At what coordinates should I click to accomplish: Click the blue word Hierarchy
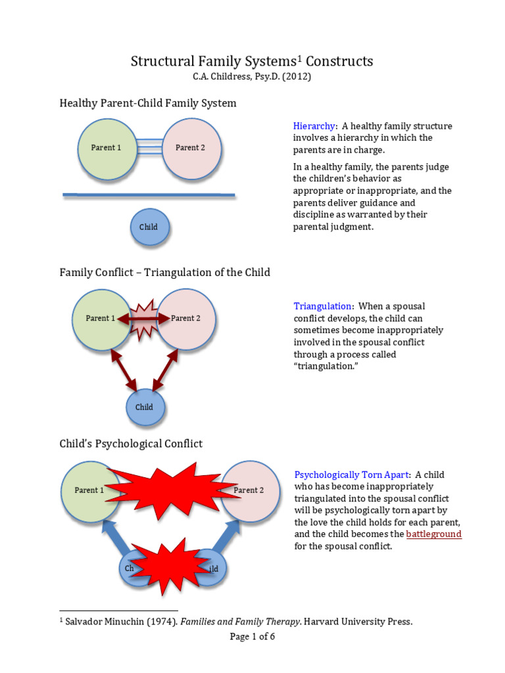pyautogui.click(x=314, y=126)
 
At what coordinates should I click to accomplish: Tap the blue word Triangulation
pyautogui.click(x=322, y=306)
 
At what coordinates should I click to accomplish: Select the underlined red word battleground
pyautogui.click(x=434, y=534)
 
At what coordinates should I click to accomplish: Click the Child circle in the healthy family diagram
pyautogui.click(x=150, y=227)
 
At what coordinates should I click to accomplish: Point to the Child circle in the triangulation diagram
pyautogui.click(x=145, y=407)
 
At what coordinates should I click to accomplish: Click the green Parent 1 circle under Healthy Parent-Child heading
pyautogui.click(x=107, y=149)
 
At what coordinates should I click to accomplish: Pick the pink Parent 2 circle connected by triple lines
pyautogui.click(x=191, y=149)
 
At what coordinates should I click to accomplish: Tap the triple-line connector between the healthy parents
pyautogui.click(x=149, y=147)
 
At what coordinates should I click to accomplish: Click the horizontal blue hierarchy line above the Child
pyautogui.click(x=149, y=195)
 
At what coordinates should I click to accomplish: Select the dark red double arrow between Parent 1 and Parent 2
pyautogui.click(x=143, y=319)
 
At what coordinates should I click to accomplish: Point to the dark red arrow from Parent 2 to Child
pyautogui.click(x=165, y=370)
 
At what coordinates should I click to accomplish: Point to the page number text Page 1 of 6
pyautogui.click(x=252, y=636)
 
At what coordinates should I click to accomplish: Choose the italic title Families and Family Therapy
pyautogui.click(x=241, y=622)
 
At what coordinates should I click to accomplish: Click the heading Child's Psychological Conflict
pyautogui.click(x=131, y=444)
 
